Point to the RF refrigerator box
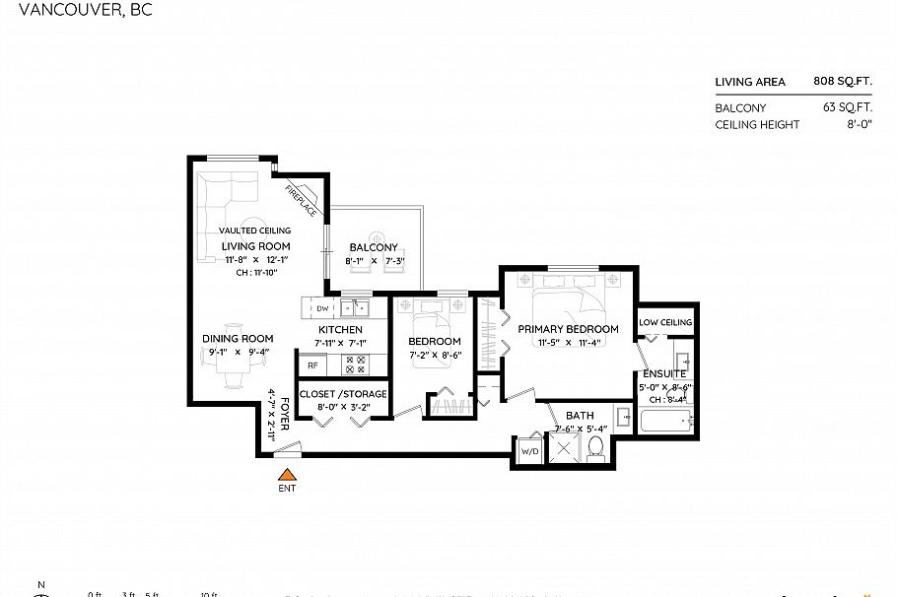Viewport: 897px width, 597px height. point(312,365)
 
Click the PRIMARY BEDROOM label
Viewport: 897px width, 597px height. point(568,329)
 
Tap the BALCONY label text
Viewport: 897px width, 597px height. point(374,247)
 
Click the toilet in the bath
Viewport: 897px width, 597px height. point(594,448)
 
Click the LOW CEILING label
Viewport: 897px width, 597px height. point(665,322)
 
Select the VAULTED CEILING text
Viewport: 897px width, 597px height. point(254,231)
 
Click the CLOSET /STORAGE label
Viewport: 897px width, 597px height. point(352,394)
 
